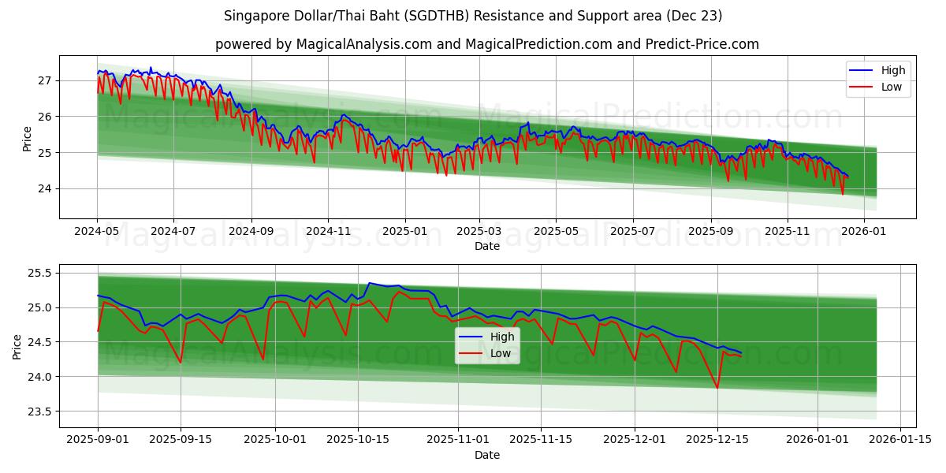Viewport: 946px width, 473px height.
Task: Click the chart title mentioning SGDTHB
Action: (473, 16)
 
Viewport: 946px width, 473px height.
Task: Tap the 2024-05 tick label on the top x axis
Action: (97, 232)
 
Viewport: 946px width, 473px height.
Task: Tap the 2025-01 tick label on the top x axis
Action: (405, 232)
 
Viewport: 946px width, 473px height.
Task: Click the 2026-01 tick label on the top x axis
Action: (864, 232)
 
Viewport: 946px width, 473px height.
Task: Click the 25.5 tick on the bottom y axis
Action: (39, 273)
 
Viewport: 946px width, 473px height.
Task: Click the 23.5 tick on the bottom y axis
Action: (39, 412)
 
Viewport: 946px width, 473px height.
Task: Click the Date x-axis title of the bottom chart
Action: (486, 455)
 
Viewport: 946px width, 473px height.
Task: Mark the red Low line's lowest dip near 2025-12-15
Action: (717, 388)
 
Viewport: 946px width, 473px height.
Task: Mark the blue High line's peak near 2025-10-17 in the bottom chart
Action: (369, 283)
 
